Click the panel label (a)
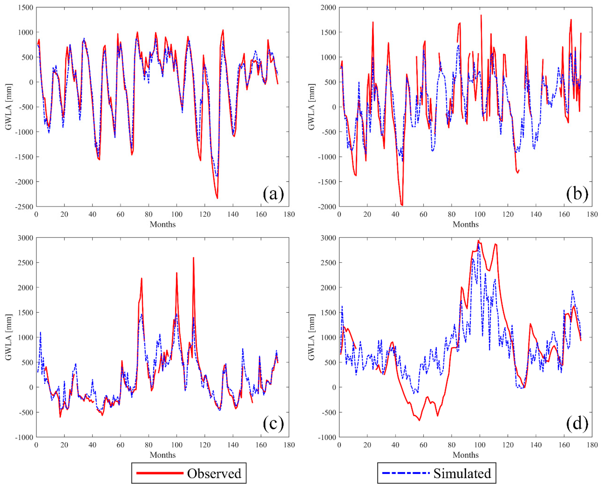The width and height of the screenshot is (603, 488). click(273, 194)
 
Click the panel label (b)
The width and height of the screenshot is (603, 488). click(577, 194)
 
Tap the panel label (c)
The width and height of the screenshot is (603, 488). click(273, 424)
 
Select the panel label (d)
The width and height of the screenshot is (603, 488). click(577, 424)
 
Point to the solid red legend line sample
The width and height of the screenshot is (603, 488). click(160, 473)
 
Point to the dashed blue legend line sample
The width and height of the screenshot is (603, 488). click(406, 473)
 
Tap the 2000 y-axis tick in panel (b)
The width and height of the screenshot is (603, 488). click(328, 8)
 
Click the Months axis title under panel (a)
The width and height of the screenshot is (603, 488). click(163, 224)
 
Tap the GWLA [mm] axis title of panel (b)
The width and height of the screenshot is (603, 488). click(311, 107)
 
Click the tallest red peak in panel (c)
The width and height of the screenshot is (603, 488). click(193, 258)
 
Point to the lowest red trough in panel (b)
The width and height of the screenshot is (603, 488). click(402, 205)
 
